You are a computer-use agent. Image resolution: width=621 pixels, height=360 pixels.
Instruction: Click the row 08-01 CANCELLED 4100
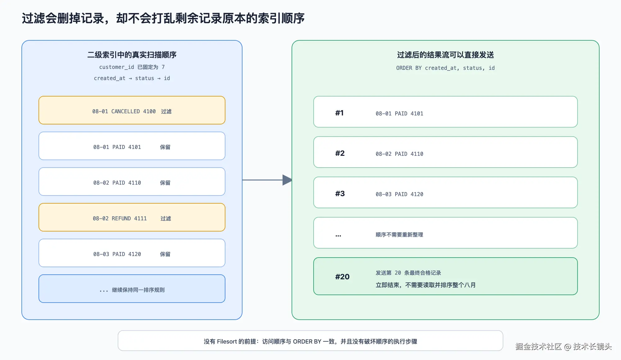[132, 110]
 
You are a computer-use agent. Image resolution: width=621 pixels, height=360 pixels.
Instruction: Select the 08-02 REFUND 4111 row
[132, 217]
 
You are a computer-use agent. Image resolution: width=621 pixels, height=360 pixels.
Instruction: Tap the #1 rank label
[339, 113]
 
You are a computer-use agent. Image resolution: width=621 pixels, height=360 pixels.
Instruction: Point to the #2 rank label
[340, 153]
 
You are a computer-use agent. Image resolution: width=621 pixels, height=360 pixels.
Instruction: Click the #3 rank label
[340, 194]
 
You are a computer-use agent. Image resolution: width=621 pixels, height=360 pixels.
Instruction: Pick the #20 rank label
[342, 277]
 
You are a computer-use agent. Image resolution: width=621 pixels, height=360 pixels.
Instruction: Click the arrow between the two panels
[267, 180]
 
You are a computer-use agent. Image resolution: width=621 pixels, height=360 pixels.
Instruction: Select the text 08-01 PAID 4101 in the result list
[399, 114]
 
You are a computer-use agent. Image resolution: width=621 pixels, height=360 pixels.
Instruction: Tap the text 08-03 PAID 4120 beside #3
[399, 194]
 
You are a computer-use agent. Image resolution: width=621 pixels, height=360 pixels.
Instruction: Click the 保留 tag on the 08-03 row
[165, 254]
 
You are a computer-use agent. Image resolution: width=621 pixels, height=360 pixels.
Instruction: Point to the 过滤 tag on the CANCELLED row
[166, 111]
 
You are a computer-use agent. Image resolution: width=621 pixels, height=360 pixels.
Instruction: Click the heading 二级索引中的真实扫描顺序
[132, 55]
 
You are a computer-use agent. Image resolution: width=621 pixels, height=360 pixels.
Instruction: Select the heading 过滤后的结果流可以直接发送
[446, 55]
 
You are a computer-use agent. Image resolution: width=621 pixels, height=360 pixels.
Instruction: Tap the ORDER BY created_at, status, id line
[446, 68]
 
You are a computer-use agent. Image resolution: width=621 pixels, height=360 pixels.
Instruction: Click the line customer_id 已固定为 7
[132, 67]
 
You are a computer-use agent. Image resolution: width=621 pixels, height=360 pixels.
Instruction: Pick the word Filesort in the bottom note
[227, 341]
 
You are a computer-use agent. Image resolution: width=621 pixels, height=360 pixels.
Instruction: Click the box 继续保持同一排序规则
[132, 289]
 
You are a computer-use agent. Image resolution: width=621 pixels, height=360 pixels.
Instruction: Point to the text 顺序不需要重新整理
[399, 235]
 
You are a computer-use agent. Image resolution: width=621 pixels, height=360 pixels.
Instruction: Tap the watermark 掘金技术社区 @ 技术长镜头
[564, 346]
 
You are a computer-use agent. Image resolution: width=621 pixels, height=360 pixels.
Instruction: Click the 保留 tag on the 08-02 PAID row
[165, 183]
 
